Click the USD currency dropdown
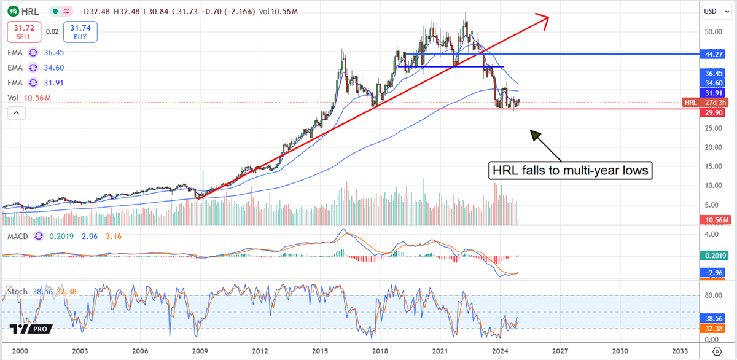point(711,11)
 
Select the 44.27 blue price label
point(717,54)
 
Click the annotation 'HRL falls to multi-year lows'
point(569,171)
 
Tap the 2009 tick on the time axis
point(200,351)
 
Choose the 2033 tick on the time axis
point(680,351)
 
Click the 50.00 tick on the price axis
point(712,32)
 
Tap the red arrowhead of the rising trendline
point(542,18)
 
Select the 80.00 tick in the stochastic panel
point(712,295)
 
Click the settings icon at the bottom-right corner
point(716,351)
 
